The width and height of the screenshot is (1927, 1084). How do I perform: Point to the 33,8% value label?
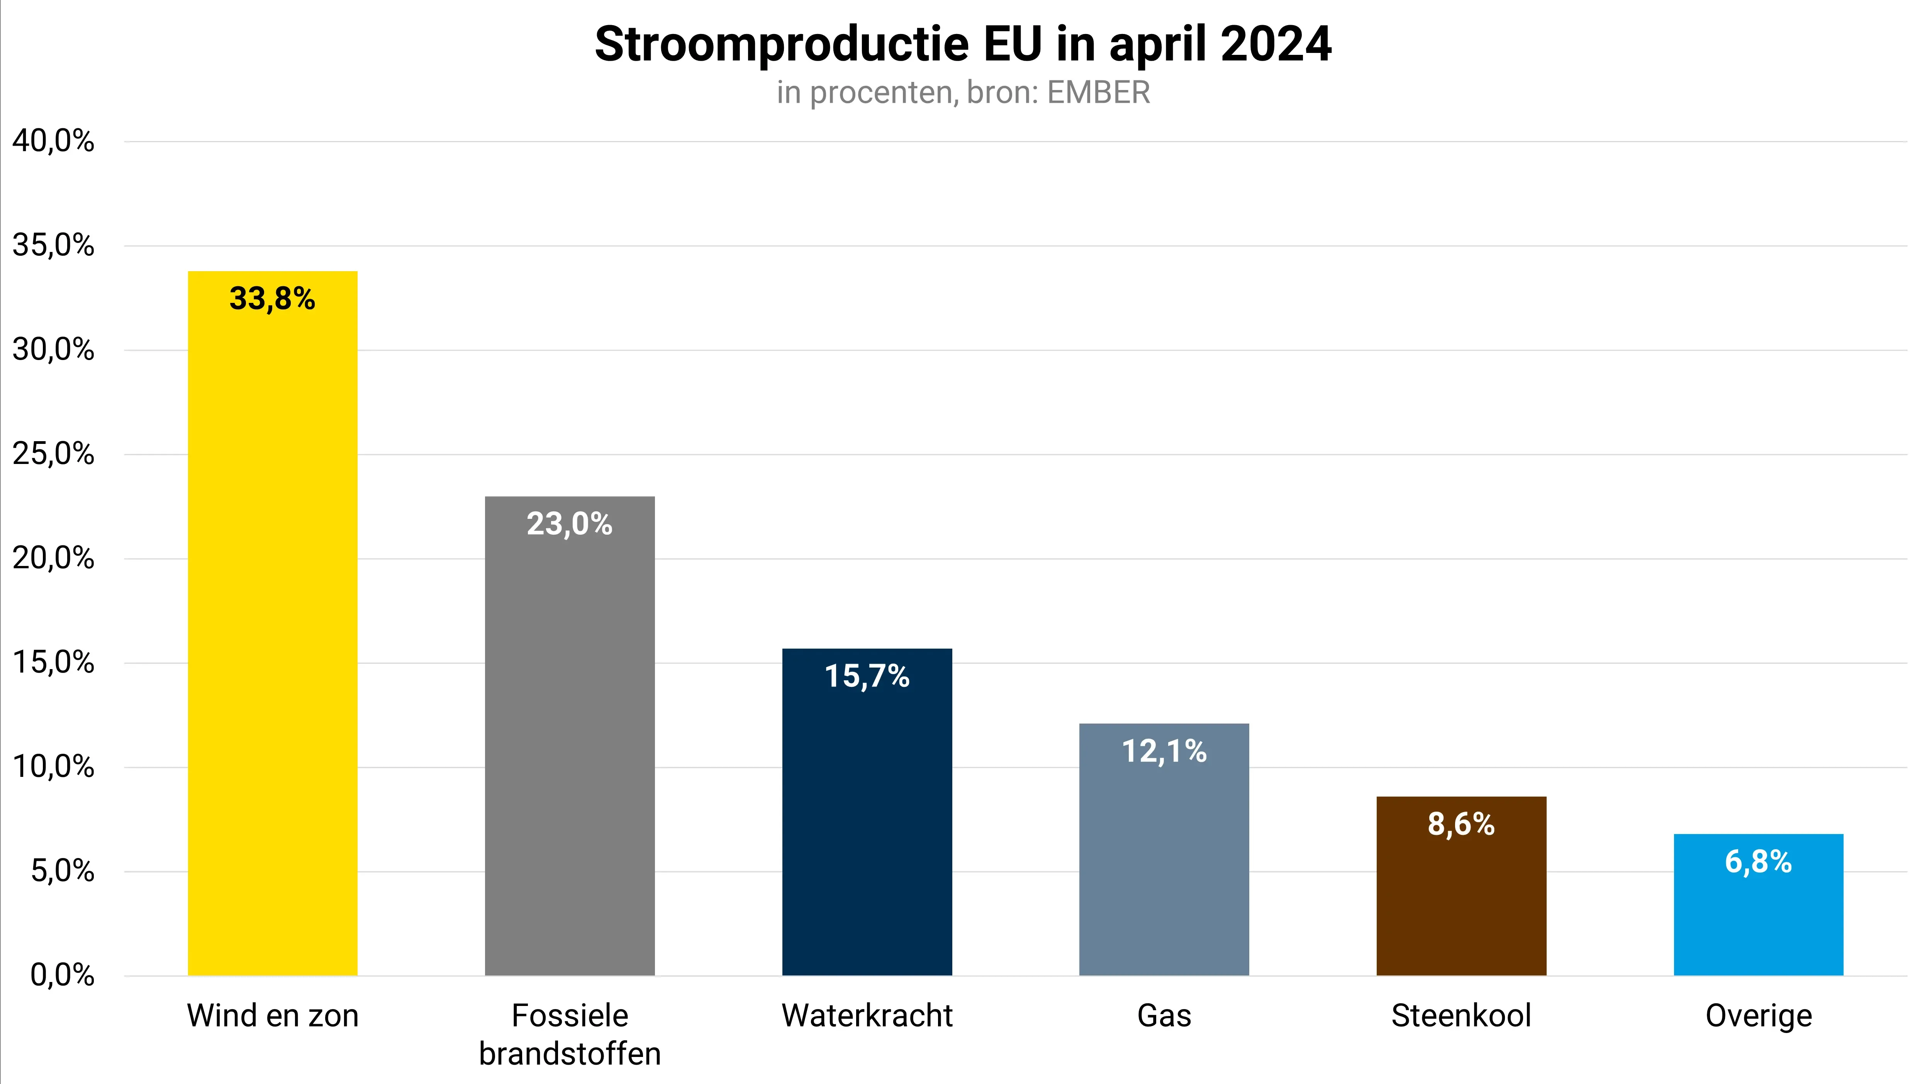[272, 299]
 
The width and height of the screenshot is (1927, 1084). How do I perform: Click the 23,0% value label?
[569, 524]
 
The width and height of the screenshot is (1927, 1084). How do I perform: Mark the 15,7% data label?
[867, 676]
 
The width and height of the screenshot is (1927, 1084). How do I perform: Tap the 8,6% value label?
[1461, 824]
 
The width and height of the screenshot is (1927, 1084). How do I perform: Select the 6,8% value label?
[1758, 862]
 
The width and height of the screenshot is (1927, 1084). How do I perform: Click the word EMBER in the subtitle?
[1098, 93]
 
